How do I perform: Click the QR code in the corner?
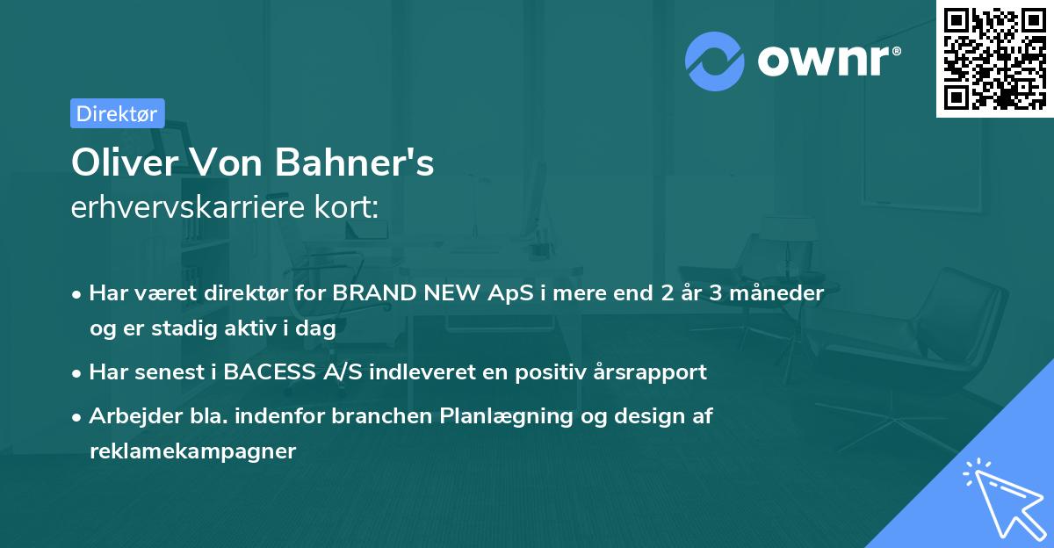tap(994, 59)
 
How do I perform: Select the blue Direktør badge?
tap(117, 113)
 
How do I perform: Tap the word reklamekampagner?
tap(192, 451)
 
